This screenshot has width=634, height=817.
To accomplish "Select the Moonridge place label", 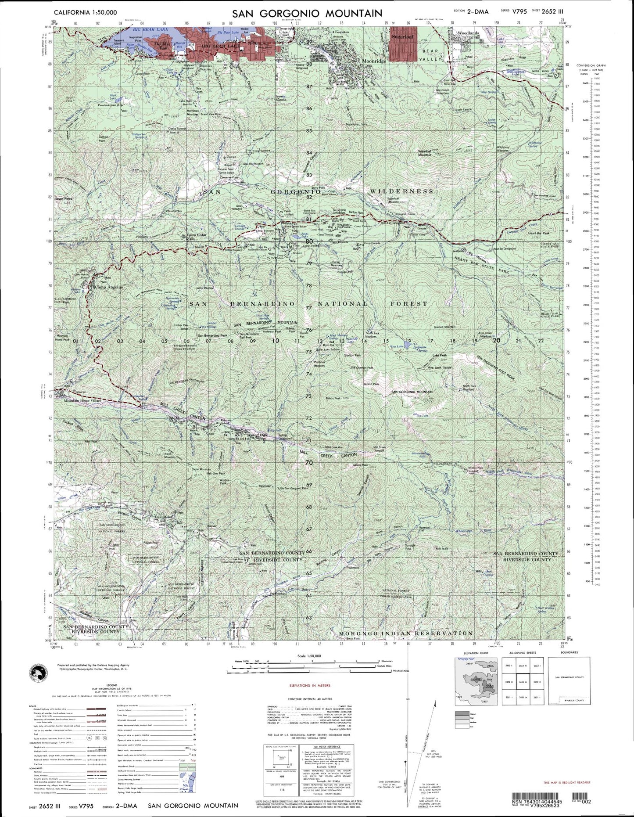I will pyautogui.click(x=374, y=61).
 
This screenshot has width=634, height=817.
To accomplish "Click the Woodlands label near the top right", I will pyautogui.click(x=467, y=33).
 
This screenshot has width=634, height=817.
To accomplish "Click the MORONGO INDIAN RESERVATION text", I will pyautogui.click(x=406, y=633).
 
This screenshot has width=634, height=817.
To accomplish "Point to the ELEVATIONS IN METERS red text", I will pyautogui.click(x=310, y=685).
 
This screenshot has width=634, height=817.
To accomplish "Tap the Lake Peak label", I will pyautogui.click(x=439, y=355).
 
